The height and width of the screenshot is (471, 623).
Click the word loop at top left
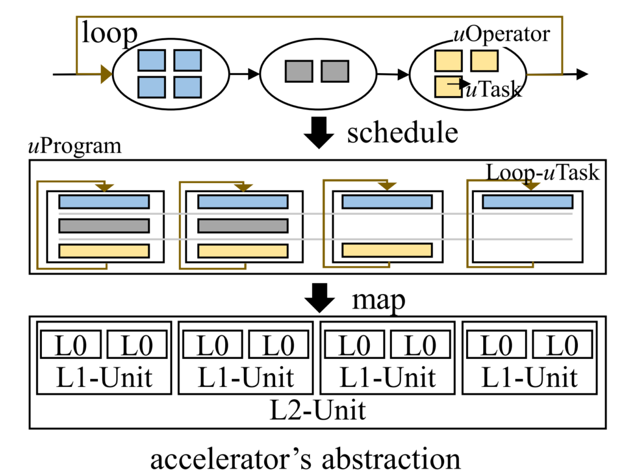tap(110, 34)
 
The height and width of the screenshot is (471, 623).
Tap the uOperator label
tap(502, 33)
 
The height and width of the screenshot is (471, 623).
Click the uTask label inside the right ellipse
tap(493, 90)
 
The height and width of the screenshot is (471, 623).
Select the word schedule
tap(402, 131)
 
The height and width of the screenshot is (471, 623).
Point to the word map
tap(378, 300)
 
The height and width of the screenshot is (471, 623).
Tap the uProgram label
tap(75, 147)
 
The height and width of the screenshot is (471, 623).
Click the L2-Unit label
tap(318, 411)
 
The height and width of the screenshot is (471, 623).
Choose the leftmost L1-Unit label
tap(103, 378)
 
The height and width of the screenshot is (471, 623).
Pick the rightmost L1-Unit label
tap(529, 378)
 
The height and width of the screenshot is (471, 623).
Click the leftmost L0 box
tap(71, 345)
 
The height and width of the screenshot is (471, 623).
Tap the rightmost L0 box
tap(562, 345)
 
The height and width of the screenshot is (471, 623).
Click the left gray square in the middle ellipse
tap(299, 71)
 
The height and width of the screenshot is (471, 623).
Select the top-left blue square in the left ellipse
tap(151, 60)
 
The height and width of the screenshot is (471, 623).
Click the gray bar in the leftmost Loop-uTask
tap(104, 226)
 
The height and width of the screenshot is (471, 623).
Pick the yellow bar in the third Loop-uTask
tap(387, 249)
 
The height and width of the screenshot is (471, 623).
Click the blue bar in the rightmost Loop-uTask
tap(527, 202)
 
